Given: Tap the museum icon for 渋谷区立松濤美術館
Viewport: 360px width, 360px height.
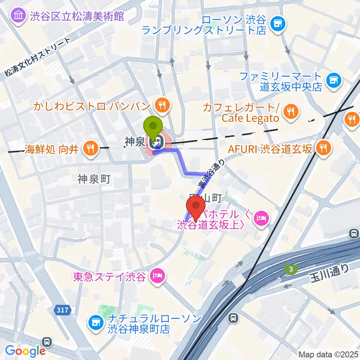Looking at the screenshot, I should click(18, 15).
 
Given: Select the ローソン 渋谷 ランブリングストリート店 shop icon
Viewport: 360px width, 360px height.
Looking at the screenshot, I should click(278, 24).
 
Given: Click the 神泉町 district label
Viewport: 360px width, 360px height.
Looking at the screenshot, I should click(94, 179).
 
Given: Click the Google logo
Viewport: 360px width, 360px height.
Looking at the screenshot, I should click(25, 351).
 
